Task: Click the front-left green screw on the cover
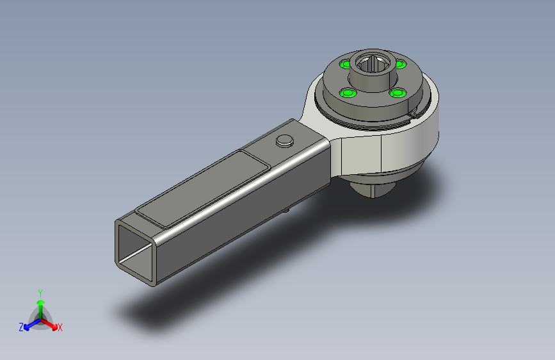[x=348, y=93]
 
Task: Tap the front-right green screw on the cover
[x=398, y=93]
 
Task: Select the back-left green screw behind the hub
[x=345, y=65]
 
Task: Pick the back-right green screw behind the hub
[x=400, y=65]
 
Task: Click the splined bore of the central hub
[x=373, y=64]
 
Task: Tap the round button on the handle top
[x=285, y=141]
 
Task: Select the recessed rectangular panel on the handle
[x=204, y=189]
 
